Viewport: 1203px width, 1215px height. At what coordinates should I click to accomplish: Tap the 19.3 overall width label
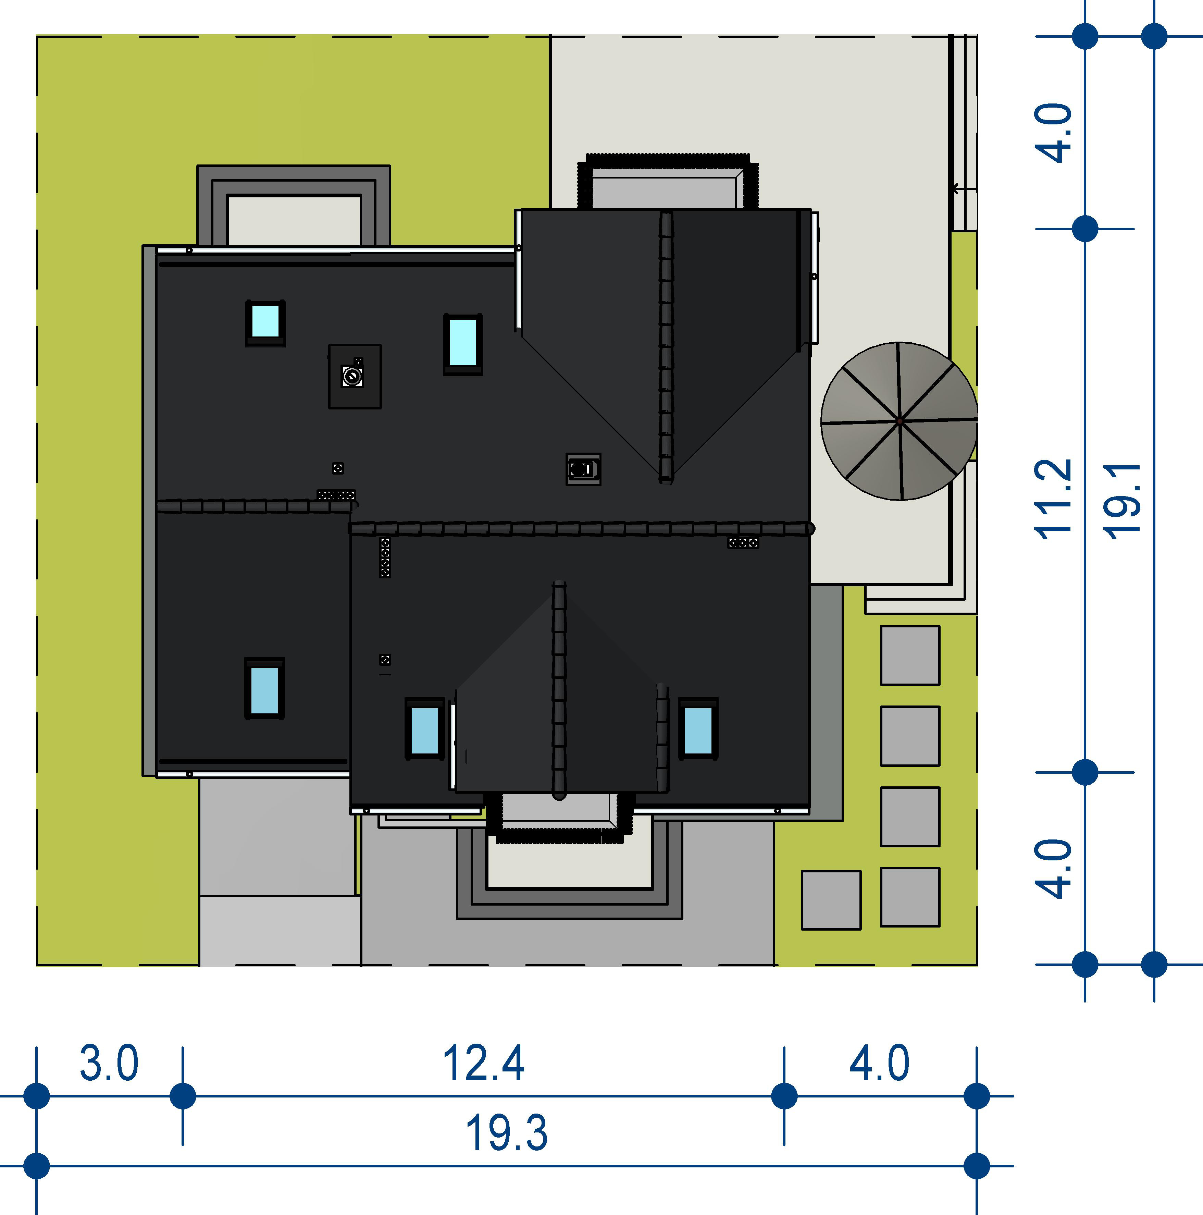(x=506, y=1133)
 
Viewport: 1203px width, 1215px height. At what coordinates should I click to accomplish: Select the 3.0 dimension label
(x=109, y=1064)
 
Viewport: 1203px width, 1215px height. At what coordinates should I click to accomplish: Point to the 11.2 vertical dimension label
(x=1053, y=499)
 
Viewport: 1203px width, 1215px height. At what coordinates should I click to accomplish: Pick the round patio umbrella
(x=899, y=421)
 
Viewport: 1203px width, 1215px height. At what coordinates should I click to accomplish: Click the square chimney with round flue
(x=355, y=376)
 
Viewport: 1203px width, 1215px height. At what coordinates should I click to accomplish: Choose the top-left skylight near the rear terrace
(x=265, y=323)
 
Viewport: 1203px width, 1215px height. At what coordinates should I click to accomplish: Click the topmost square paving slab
(x=910, y=655)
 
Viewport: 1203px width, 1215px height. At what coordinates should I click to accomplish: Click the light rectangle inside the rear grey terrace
(x=294, y=220)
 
